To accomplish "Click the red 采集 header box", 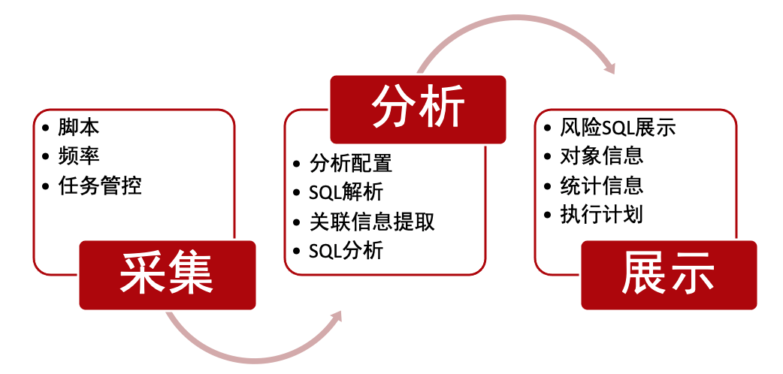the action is [168, 275].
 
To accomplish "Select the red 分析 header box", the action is [418, 110].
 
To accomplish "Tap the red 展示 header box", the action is [669, 275].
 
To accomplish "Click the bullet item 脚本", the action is [78, 127].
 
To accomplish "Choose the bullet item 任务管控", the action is [99, 185].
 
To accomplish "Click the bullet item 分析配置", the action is [351, 163].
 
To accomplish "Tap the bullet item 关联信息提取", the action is [372, 222].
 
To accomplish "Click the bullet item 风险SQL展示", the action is [618, 128].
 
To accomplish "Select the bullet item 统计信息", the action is [601, 185].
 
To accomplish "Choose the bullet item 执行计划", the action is [601, 215].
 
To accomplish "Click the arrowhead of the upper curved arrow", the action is [608, 66].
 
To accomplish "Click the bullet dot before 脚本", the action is [47, 128].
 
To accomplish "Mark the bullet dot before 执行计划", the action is [549, 216].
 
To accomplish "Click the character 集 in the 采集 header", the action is [190, 274].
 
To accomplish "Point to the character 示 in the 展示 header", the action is [691, 274].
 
